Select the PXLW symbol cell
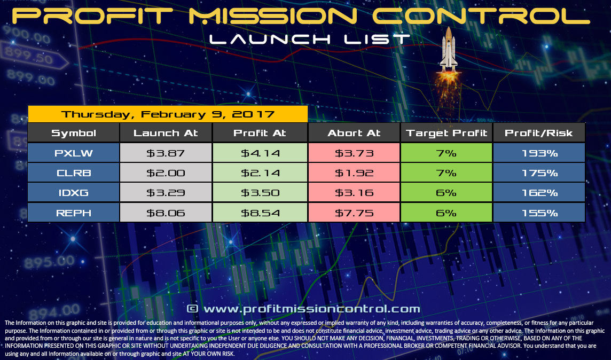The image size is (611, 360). point(74,153)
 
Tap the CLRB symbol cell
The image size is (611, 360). point(74,173)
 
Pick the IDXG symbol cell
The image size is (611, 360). point(74,193)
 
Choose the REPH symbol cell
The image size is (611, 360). point(74,213)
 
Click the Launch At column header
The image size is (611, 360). point(166,133)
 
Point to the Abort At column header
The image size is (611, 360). point(354,133)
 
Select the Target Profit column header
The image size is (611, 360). point(446,133)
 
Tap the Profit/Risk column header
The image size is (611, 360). point(538,133)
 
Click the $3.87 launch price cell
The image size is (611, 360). point(166,153)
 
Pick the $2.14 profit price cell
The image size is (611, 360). point(260,173)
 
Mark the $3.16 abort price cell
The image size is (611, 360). point(354,193)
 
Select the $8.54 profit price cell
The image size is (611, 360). point(260,213)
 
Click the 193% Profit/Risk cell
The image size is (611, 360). point(538,153)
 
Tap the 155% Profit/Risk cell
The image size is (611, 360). point(538,213)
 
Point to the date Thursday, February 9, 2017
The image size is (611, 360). point(168,114)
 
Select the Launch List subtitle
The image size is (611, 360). point(310,39)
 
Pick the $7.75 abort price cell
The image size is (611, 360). point(354,213)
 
